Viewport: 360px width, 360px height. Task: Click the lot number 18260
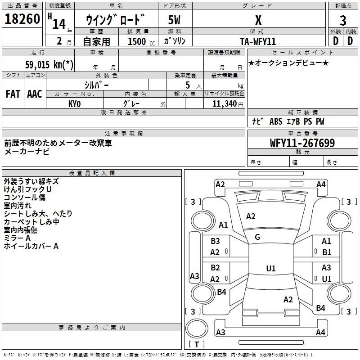22,20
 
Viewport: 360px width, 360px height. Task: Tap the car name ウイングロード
116,20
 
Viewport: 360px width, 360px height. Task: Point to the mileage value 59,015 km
49,64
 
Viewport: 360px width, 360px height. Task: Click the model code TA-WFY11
258,41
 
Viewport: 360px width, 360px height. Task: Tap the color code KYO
74,103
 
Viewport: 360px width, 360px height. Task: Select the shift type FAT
13,94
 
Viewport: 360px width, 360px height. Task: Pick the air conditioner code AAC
35,94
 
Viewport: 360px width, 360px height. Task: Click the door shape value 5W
174,20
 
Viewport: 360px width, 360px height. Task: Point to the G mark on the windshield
257,237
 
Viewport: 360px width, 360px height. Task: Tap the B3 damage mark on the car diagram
215,241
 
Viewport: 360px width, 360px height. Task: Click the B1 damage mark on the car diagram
327,252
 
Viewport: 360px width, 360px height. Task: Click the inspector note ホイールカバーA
31,246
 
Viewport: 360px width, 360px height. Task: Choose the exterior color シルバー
96,85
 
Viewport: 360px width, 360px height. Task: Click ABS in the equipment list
275,121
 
